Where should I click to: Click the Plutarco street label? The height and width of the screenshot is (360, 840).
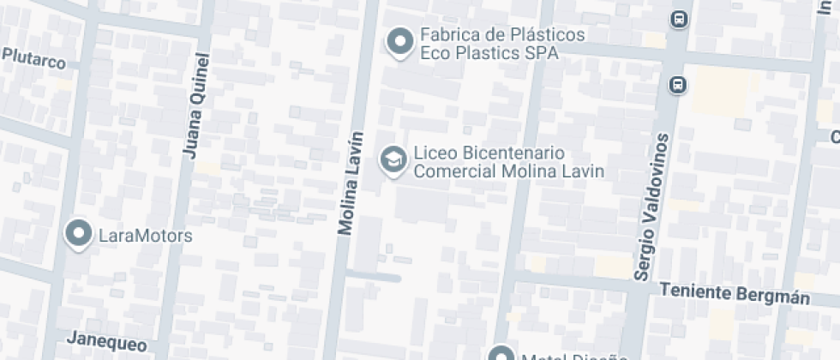34,57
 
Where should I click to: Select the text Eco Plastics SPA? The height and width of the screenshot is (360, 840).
489,53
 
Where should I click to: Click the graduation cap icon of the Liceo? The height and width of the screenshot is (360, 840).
393,159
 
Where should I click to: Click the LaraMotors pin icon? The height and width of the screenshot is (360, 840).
80,233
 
